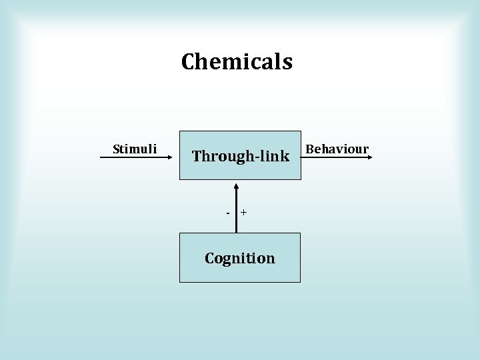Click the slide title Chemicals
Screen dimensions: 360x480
tap(237, 62)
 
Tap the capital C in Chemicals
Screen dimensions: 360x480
tap(187, 62)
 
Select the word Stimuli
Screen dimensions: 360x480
tap(135, 149)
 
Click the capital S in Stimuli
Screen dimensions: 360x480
tap(117, 149)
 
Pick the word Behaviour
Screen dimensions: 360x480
tap(337, 149)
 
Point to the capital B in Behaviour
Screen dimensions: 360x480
tap(309, 149)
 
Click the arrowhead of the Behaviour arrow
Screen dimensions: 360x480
tap(371, 157)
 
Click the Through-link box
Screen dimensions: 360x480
tap(240, 170)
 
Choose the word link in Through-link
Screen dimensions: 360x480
tap(275, 157)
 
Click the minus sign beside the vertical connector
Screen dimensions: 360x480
tap(228, 213)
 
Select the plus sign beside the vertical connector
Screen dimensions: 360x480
tap(244, 212)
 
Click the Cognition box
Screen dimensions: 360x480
tap(240, 270)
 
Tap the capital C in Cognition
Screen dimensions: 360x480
tap(210, 258)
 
